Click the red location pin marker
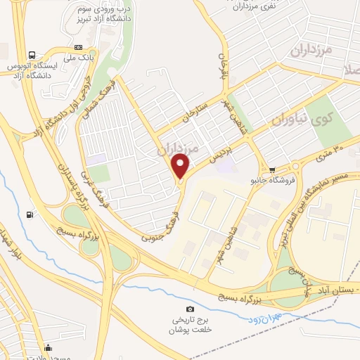181,166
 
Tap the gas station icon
29,215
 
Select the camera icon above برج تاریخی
189,309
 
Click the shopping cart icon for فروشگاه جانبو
272,169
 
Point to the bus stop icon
32,55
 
